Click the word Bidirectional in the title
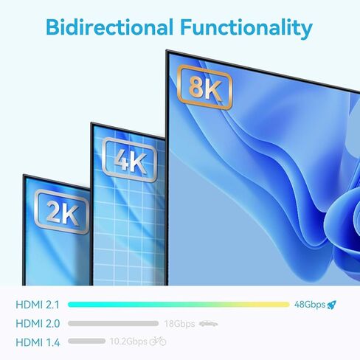(109, 27)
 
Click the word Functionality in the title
(246, 29)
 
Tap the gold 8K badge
(204, 87)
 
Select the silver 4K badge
(130, 160)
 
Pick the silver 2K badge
(61, 212)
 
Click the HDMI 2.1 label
(38, 305)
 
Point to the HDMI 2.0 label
(38, 324)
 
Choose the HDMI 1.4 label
(38, 342)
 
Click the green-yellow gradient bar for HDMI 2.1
(179, 305)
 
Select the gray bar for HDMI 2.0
(113, 323)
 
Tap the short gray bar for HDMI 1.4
(86, 341)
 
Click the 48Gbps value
(310, 305)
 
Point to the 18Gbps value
(179, 324)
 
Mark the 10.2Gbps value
(128, 342)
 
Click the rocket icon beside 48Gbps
(332, 305)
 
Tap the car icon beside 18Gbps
(208, 324)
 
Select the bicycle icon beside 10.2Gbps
(158, 341)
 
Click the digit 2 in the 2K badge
(54, 210)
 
